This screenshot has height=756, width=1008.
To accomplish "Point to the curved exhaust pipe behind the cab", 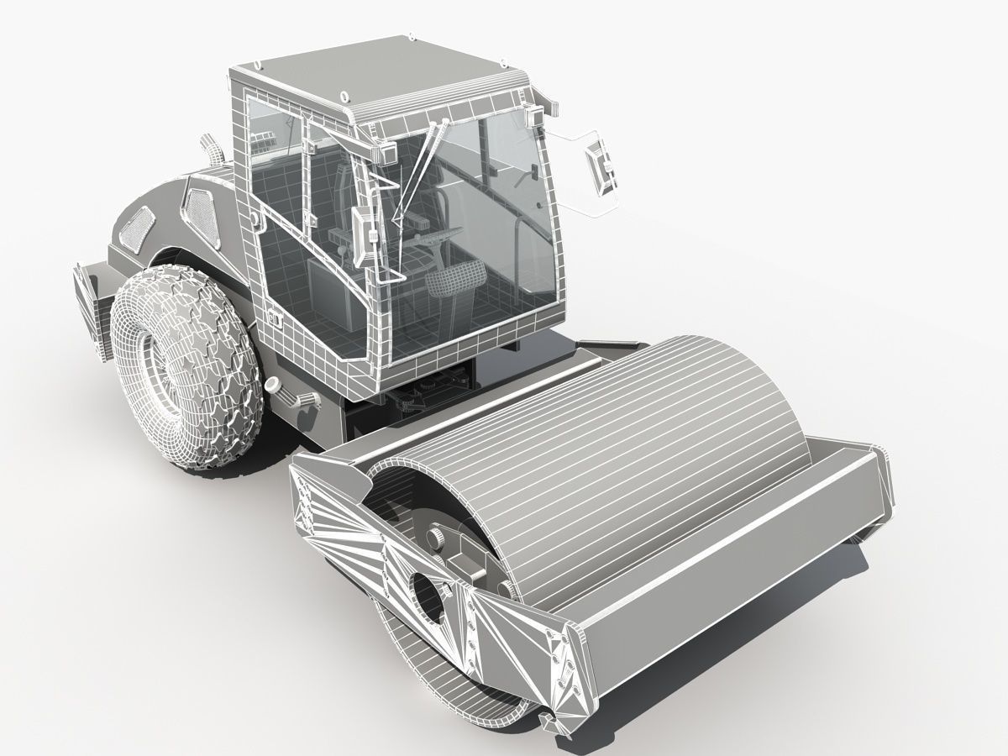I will (x=211, y=150).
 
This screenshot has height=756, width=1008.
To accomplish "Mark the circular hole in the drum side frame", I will (x=429, y=597).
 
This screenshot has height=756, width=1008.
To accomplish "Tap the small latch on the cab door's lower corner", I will (x=275, y=317).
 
